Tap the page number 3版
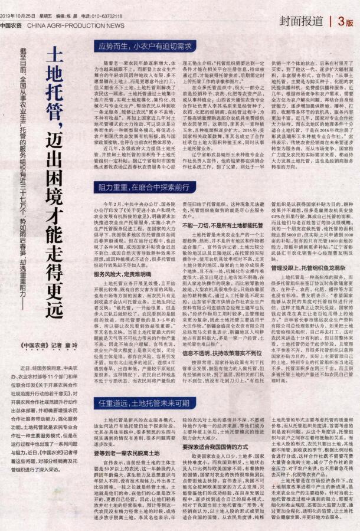tap(345, 21)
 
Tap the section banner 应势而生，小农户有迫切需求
tap(145, 45)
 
